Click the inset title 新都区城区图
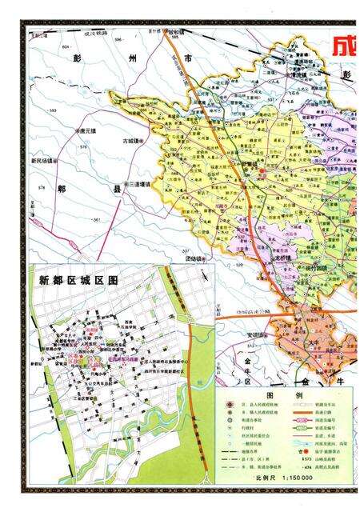click(x=78, y=281)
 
